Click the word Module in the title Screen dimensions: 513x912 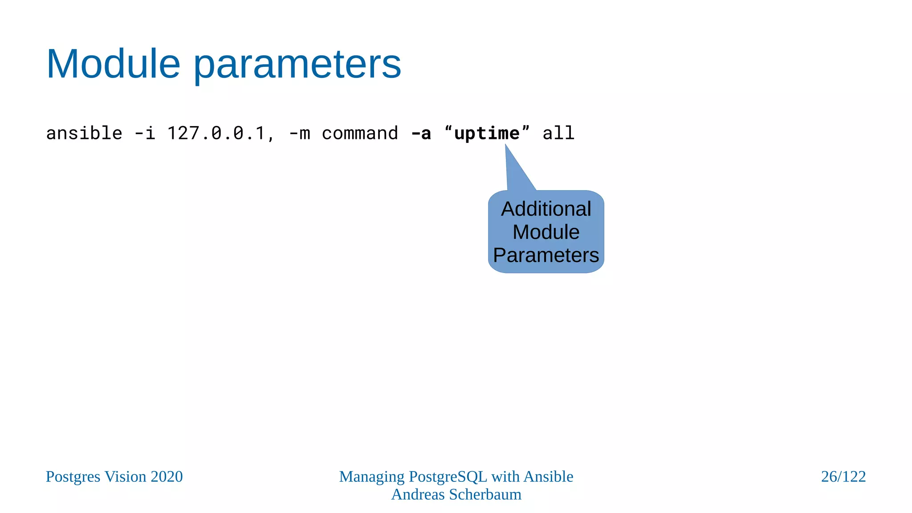coord(113,64)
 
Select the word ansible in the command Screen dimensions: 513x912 coord(84,133)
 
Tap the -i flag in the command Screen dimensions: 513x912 coord(145,133)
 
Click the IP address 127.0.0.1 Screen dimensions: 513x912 coord(216,133)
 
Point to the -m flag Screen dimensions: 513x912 coord(299,133)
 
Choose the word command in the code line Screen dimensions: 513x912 coord(360,133)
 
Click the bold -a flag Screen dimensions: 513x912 coord(421,133)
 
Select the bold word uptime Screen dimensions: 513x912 coord(487,133)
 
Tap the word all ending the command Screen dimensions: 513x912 coord(558,133)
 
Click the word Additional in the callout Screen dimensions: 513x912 coord(546,209)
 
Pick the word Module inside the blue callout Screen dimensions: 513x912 coord(546,232)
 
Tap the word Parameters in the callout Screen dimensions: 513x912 coord(546,255)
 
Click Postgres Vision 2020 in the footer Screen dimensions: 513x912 coord(114,476)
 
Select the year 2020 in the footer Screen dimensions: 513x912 coord(167,476)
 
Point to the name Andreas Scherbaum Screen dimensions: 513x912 coord(456,494)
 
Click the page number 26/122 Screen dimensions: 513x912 coord(843,476)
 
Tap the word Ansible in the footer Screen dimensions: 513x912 coord(548,476)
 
